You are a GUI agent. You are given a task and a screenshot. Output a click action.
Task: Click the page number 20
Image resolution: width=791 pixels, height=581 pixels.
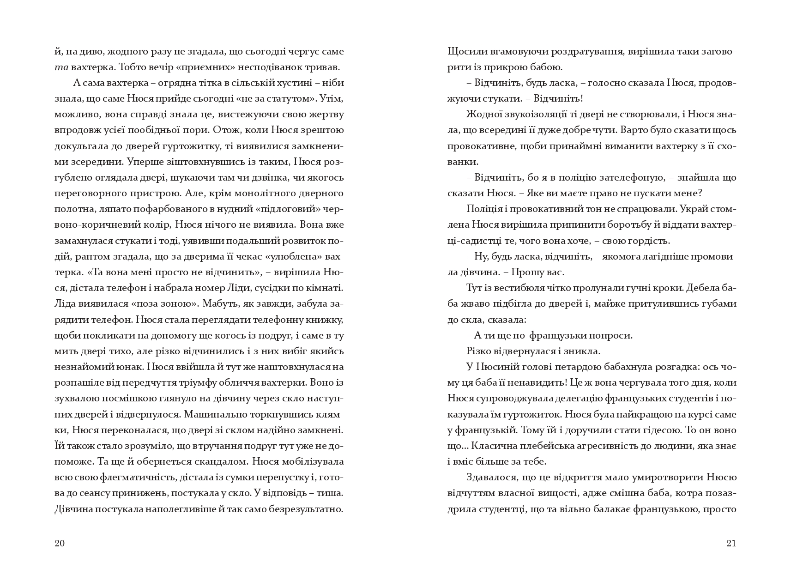tap(60, 543)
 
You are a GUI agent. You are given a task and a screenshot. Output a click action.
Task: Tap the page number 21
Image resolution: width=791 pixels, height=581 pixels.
tap(731, 543)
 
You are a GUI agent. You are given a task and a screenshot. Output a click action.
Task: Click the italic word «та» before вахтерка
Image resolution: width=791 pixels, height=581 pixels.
tap(61, 67)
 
